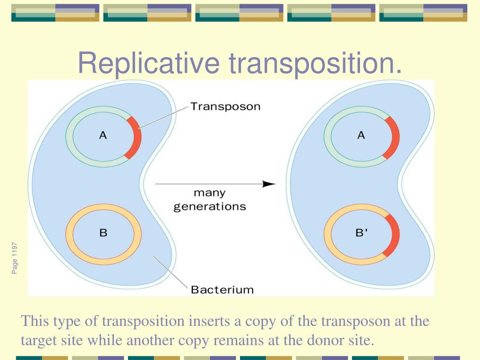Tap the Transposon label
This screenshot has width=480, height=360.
tap(225, 106)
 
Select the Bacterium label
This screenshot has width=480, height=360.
tap(222, 289)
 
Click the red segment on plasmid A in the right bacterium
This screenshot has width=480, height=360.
tap(394, 137)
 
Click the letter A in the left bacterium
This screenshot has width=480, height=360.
tap(103, 135)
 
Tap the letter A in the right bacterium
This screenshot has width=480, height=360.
tap(361, 135)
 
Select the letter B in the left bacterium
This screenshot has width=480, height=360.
tap(103, 232)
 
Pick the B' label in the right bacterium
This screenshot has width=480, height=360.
tap(362, 232)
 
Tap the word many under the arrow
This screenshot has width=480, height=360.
tap(210, 193)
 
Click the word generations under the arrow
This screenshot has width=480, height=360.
tap(210, 206)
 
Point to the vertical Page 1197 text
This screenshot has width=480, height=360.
tap(15, 258)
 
